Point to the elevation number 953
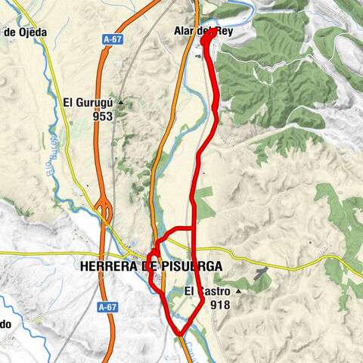[103, 117]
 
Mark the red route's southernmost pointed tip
[179, 334]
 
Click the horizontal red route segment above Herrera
[178, 228]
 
